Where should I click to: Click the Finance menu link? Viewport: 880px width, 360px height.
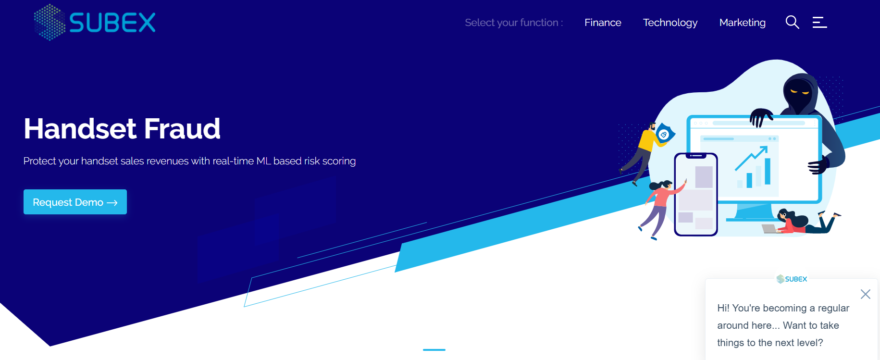[603, 23]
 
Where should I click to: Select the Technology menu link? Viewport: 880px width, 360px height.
[670, 23]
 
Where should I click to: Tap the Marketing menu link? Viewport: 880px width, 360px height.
[743, 23]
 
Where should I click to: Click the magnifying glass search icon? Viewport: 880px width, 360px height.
[792, 22]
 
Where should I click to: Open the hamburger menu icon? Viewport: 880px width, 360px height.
[819, 22]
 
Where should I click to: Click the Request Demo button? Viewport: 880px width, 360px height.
[75, 202]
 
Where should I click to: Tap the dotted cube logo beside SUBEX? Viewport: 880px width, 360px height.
[50, 22]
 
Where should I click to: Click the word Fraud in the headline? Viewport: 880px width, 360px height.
[182, 129]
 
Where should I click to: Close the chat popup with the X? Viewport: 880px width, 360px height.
[866, 294]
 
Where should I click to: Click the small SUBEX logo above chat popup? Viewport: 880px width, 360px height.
[792, 279]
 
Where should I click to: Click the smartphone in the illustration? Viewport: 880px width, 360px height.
[696, 194]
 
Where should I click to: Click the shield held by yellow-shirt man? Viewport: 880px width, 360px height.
[665, 134]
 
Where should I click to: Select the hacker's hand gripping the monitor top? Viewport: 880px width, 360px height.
[761, 117]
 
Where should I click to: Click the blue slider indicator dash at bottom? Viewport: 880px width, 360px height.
[434, 350]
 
